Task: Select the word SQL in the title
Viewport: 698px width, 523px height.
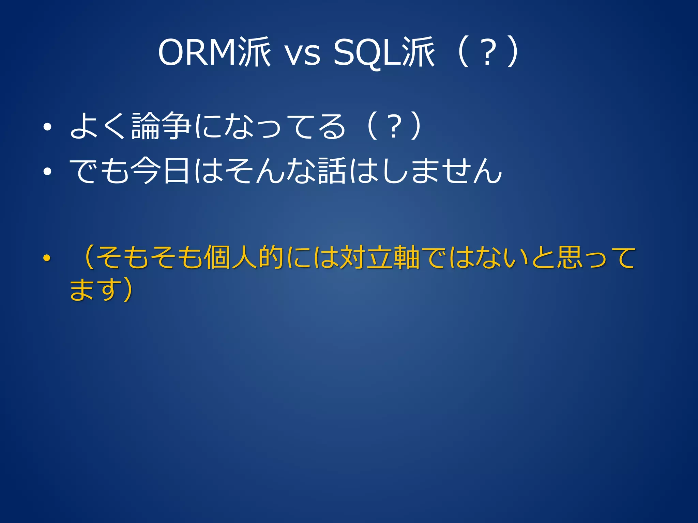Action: [367, 52]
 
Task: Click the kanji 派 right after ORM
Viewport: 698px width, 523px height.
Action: [254, 52]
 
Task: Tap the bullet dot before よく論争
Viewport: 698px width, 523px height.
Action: [47, 127]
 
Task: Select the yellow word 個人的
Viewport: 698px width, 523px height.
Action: [244, 257]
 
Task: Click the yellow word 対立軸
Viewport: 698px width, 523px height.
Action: [379, 257]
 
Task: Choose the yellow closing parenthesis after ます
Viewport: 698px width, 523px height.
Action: [128, 290]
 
